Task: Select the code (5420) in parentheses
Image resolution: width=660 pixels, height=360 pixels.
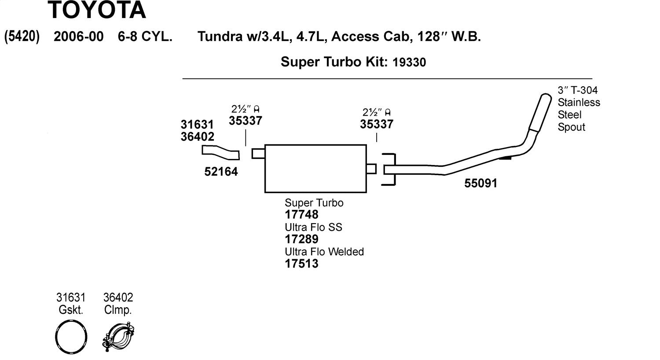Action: (x=22, y=37)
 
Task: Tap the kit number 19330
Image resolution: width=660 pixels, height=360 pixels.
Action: (x=409, y=62)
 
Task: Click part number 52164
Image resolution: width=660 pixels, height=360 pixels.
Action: (x=221, y=172)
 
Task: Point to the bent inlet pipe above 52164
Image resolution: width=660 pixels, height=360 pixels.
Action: (x=220, y=152)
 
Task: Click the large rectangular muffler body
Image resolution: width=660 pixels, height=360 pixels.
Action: (x=315, y=169)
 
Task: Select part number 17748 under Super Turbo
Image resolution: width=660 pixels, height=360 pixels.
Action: (x=301, y=215)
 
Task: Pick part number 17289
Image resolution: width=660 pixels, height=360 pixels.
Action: (x=301, y=239)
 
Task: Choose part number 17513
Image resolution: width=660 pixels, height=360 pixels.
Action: (x=301, y=264)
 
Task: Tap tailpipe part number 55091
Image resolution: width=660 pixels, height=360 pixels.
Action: (x=481, y=183)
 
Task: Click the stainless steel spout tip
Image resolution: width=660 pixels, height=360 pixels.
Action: (x=539, y=112)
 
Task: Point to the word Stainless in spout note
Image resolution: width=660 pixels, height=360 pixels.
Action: (x=579, y=103)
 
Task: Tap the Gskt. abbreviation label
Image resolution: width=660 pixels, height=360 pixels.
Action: (x=71, y=310)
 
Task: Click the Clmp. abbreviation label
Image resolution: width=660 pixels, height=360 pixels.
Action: (x=118, y=310)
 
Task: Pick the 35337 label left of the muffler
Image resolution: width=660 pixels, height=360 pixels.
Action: (x=246, y=121)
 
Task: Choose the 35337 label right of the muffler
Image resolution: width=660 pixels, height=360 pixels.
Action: (x=377, y=124)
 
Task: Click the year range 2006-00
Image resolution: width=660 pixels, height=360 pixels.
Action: (x=78, y=37)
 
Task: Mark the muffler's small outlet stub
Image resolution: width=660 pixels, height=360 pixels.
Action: (x=371, y=169)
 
